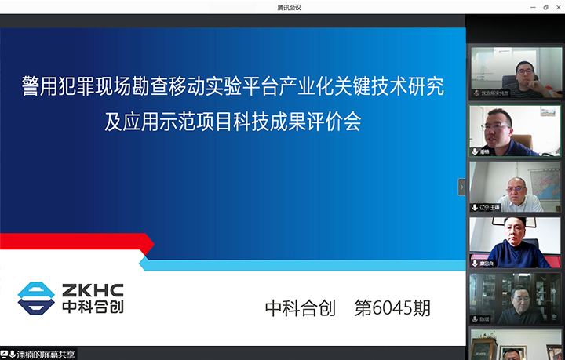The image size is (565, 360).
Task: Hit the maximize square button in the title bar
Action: (545, 7)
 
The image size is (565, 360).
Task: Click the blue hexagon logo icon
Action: (36, 299)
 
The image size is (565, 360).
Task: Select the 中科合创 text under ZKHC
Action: (93, 307)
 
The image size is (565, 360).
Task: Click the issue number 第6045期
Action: (392, 308)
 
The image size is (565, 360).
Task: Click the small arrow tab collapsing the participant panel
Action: (462, 186)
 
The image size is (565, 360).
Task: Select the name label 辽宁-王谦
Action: (491, 208)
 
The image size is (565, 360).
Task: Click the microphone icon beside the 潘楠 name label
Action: (475, 151)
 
